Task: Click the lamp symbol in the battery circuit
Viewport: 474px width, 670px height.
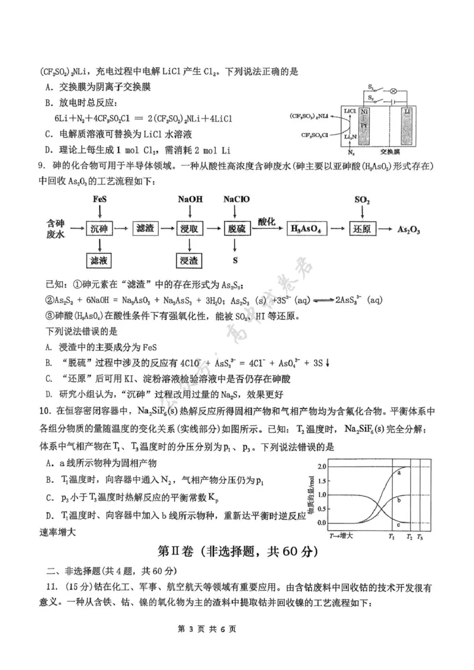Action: tap(392, 91)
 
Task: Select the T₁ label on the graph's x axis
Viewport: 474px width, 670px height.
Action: tap(392, 536)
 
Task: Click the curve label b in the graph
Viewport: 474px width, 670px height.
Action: tap(399, 500)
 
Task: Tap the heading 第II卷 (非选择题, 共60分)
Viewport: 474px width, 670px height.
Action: tap(237, 552)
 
